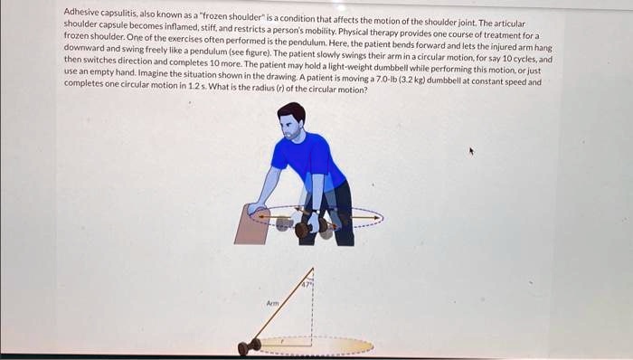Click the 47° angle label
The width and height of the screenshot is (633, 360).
tap(307, 285)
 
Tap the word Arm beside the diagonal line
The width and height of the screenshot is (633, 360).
tap(272, 303)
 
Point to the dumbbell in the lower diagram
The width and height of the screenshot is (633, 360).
tap(249, 346)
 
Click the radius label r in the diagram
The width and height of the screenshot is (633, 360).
tap(283, 341)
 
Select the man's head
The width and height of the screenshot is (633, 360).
tap(291, 120)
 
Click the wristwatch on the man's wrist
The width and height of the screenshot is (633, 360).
tap(316, 212)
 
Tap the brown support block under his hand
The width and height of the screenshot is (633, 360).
tap(252, 225)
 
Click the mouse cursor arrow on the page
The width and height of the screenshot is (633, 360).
tap(471, 151)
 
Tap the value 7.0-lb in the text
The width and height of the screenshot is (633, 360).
tap(387, 79)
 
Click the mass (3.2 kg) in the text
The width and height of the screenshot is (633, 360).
tap(412, 80)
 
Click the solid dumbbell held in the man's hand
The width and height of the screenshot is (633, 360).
tap(311, 228)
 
